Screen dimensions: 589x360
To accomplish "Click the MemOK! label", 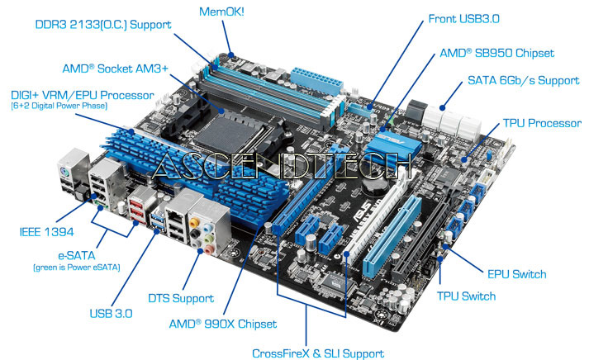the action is [221, 12].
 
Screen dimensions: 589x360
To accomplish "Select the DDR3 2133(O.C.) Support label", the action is [103, 25].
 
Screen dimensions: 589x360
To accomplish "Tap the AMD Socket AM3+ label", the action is [115, 69].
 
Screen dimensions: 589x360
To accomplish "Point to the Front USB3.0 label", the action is [464, 19].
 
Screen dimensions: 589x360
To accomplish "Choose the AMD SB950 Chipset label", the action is [496, 53].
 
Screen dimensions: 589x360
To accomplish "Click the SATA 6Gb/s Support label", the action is [523, 80].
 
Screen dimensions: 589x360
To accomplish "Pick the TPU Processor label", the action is [542, 123].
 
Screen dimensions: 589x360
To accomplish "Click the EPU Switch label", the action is [516, 274].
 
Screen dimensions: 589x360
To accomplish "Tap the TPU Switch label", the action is [466, 296].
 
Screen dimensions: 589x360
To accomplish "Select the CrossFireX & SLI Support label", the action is [318, 353].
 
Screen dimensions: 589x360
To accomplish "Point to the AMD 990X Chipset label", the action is [223, 324].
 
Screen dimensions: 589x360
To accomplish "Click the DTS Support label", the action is [181, 298].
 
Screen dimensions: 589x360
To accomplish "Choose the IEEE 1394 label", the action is [46, 232].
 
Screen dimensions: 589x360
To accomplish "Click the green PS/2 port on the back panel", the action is [64, 173].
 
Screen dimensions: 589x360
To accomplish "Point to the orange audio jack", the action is [194, 223].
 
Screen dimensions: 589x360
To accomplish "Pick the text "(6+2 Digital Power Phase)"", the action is [59, 106].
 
